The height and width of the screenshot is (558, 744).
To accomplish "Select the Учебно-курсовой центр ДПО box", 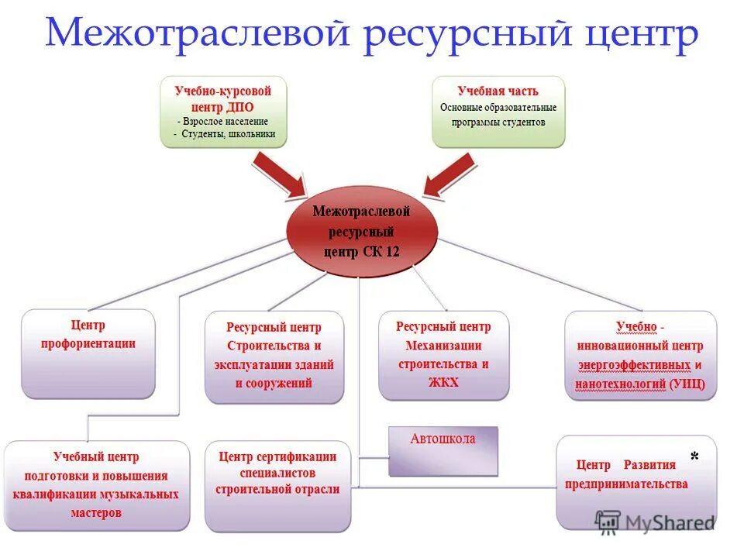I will (x=223, y=112).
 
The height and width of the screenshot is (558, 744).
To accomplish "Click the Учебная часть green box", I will (x=498, y=112).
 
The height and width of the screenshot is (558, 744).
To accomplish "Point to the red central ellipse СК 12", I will (x=361, y=231).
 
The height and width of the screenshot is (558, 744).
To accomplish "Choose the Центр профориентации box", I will (x=88, y=353).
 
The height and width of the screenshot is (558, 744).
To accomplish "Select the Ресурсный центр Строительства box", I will (x=274, y=356).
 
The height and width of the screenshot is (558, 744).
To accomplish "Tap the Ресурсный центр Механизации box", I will (x=443, y=355).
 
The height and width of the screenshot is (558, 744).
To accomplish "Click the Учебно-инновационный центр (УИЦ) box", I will (x=640, y=355).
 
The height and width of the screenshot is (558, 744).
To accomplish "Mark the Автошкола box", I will (x=443, y=450).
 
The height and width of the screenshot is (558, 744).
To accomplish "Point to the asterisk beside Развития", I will (x=694, y=458).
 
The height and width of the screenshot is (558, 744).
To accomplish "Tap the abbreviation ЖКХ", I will (x=443, y=382).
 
